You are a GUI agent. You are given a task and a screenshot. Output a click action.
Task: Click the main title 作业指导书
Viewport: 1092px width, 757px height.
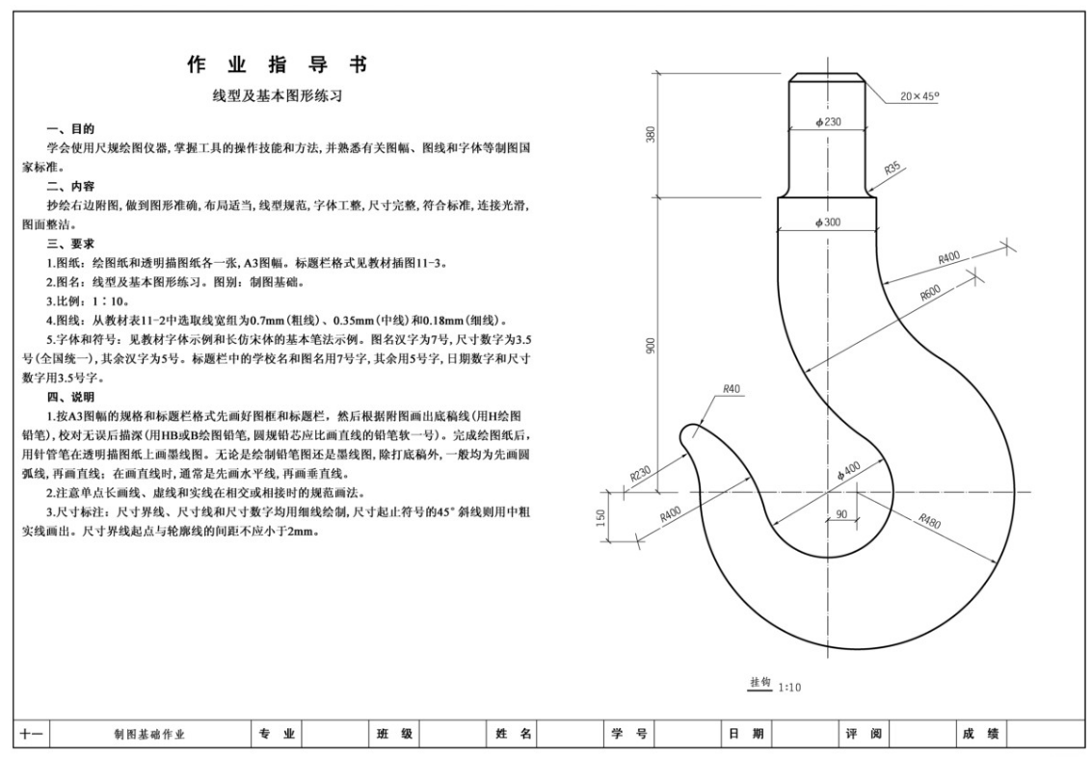pyautogui.click(x=278, y=65)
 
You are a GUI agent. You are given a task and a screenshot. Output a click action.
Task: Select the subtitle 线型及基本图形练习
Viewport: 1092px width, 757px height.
pyautogui.click(x=278, y=96)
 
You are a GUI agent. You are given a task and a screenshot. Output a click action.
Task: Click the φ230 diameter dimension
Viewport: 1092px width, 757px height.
pyautogui.click(x=828, y=121)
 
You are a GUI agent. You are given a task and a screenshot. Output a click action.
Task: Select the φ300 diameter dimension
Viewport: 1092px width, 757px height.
pyautogui.click(x=827, y=222)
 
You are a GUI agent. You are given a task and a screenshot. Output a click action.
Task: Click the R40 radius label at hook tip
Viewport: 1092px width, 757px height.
pyautogui.click(x=732, y=390)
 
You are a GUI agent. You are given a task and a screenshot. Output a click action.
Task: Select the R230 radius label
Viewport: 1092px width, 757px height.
pyautogui.click(x=642, y=475)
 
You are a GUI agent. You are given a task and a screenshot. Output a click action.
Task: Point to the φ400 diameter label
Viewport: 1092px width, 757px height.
pyautogui.click(x=847, y=468)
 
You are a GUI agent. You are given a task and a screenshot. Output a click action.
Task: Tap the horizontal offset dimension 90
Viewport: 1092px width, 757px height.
pyautogui.click(x=840, y=515)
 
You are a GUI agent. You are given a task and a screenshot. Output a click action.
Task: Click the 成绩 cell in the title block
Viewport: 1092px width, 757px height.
pyautogui.click(x=980, y=735)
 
